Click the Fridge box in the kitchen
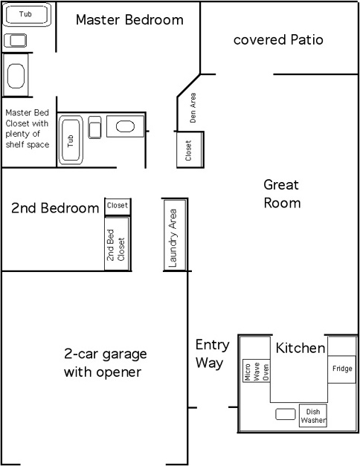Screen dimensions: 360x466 point(341,369)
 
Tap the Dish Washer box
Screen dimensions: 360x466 point(312,415)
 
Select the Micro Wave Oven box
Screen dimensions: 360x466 point(257,371)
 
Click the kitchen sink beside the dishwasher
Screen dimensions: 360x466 point(286,414)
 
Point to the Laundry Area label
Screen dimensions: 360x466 point(173,238)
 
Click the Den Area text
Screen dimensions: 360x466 point(193,108)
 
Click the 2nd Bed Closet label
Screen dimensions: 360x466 point(116,245)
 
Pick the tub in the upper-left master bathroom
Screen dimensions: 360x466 point(26,14)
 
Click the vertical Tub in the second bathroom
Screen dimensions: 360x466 point(71,140)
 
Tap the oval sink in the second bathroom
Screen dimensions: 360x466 point(125,126)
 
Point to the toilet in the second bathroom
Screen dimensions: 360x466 point(94,128)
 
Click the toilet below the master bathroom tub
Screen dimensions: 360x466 point(15,40)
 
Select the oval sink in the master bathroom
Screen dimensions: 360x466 point(16,76)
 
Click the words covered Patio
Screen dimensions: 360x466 point(278,40)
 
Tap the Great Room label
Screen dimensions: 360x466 point(282,194)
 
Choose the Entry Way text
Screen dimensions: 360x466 point(213,355)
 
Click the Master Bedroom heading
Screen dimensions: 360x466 point(129,20)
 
